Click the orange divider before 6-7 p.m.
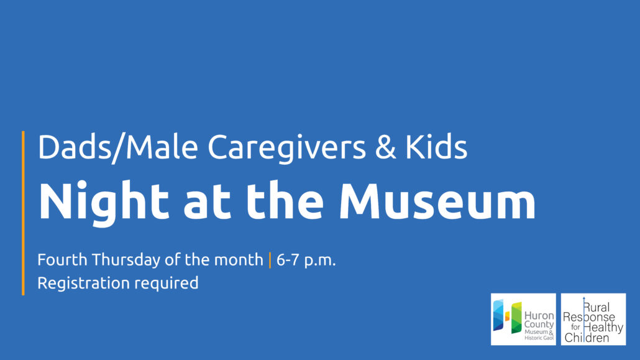[270, 260]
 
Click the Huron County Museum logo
[523, 319]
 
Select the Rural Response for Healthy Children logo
[593, 319]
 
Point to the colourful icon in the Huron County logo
[507, 317]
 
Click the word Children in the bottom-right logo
[587, 338]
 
